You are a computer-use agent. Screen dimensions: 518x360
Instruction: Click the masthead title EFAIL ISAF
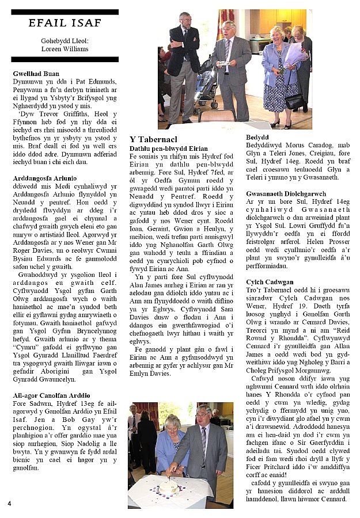coord(65,23)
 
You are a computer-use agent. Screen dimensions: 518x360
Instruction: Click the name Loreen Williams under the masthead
coord(65,49)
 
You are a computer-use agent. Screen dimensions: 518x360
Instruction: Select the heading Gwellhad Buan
coord(36,74)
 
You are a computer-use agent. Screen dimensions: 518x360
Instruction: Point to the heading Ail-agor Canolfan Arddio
coord(51,395)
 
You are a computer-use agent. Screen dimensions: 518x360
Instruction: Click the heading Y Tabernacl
coord(153,139)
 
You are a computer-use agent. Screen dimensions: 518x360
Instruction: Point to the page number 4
coord(10,504)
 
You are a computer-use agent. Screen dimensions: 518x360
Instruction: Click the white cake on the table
coord(169,487)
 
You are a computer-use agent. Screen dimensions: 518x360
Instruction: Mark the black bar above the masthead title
coord(65,12)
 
